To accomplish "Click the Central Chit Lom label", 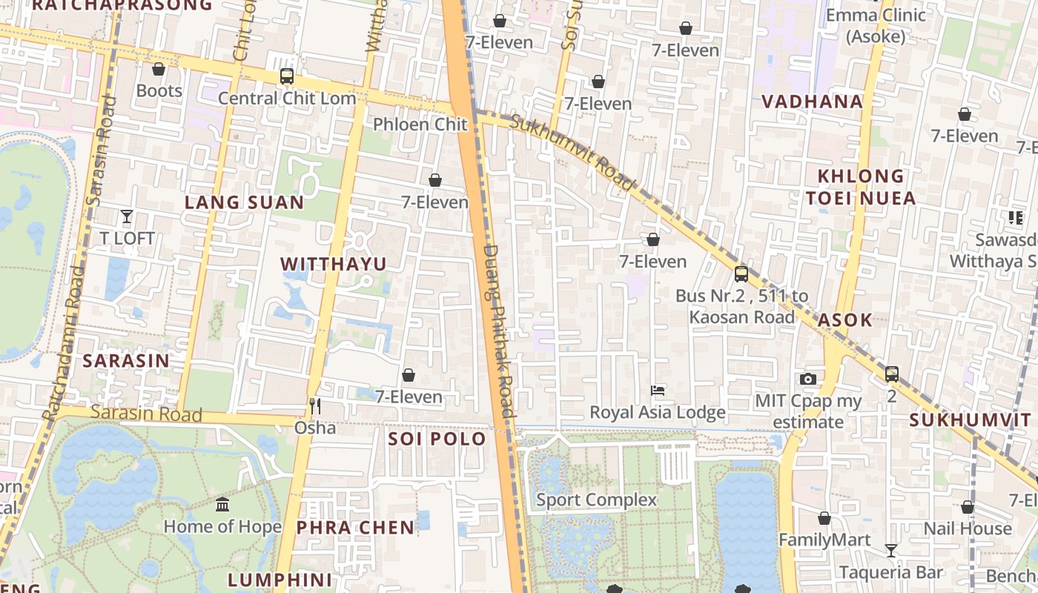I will tap(287, 98).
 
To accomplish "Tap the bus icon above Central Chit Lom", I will tap(287, 76).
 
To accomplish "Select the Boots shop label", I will tap(159, 90).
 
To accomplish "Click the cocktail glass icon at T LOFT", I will tap(127, 216).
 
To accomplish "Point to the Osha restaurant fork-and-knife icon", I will tap(315, 405).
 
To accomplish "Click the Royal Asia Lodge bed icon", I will tap(657, 390).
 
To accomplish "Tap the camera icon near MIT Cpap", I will tap(808, 379).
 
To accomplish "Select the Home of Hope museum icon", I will tap(222, 505).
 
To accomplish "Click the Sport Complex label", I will tap(596, 500).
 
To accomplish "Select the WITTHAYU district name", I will tap(334, 264).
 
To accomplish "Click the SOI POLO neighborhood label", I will tap(437, 439).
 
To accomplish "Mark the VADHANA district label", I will tap(813, 102).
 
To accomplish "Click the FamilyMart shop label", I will tap(824, 540).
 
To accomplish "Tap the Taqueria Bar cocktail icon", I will tap(891, 550).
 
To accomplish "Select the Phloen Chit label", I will tap(420, 125).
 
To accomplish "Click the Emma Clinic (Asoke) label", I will tap(876, 25).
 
